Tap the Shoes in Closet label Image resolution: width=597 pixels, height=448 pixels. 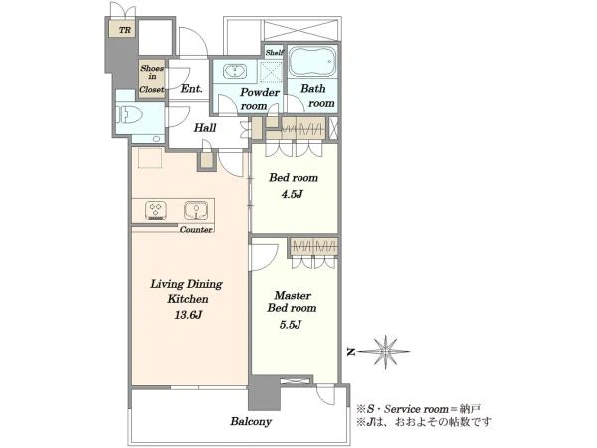[x=152, y=79]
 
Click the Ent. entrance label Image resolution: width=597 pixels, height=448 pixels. [x=191, y=89]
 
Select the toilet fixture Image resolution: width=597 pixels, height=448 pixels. [x=129, y=113]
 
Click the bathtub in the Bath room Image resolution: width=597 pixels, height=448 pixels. [x=312, y=61]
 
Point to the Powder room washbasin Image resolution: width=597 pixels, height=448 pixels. [x=235, y=72]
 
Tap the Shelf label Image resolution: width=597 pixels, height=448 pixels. [x=275, y=52]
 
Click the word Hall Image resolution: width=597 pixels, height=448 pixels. [x=205, y=128]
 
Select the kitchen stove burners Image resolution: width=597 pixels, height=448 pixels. [x=156, y=211]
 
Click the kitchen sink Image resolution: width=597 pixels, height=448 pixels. [x=196, y=211]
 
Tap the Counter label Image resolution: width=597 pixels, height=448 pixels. [x=196, y=229]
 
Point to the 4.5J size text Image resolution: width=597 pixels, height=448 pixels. [x=292, y=194]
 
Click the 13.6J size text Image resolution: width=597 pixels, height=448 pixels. [x=188, y=315]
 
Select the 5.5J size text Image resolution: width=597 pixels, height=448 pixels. [x=291, y=325]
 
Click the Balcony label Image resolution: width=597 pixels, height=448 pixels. [x=251, y=421]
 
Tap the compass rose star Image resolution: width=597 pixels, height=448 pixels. [x=386, y=352]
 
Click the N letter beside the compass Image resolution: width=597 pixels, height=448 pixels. [x=351, y=352]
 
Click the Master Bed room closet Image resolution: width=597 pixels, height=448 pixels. [x=313, y=247]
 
